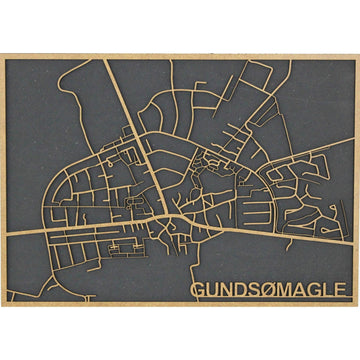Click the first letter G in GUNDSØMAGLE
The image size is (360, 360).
[198, 290]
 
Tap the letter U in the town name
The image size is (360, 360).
[212, 290]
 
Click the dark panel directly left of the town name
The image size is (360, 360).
[150, 290]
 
